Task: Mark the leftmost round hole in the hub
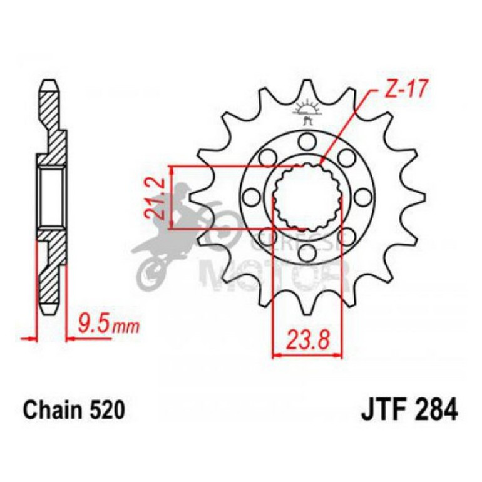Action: coord(252,197)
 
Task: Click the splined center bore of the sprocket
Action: coord(307,197)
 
